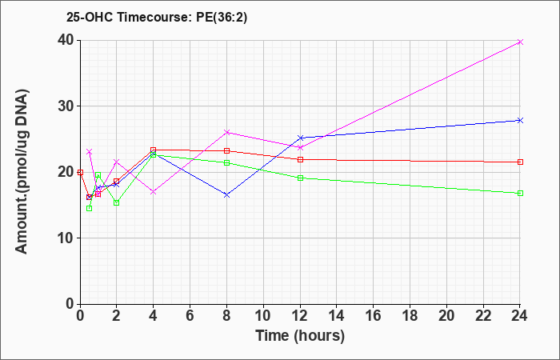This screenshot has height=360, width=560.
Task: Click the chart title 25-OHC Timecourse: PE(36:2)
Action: point(157,17)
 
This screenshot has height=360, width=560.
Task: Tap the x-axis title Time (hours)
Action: point(300,336)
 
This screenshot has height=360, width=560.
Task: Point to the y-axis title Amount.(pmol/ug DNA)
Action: point(22,171)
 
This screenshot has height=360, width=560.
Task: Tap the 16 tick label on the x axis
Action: point(374,316)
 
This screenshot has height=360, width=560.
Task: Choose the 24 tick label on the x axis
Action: point(520,316)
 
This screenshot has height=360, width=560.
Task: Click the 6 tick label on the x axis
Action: point(190,316)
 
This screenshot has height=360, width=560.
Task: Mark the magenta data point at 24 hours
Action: point(520,42)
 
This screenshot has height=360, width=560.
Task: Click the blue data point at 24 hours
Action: point(520,120)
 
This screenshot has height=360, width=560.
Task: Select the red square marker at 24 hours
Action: point(520,162)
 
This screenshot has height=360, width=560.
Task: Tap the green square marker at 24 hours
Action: point(520,194)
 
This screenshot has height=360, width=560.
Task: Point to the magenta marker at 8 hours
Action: point(226,133)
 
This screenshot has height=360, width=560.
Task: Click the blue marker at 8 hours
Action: point(226,195)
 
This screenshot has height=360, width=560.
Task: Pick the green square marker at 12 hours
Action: point(300,178)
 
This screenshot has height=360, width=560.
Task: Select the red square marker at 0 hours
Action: point(80,173)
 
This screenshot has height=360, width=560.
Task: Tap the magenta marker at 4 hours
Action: point(154,192)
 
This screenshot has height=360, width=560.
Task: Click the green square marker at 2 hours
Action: point(117,203)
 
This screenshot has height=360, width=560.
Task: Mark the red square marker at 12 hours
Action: point(300,160)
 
